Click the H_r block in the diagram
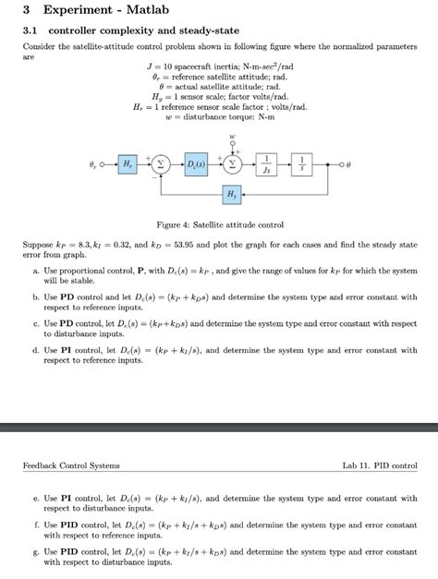pyautogui.click(x=127, y=163)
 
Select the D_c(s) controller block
pyautogui.click(x=197, y=163)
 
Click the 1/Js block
pyautogui.click(x=266, y=163)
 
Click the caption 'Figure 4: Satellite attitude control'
pyautogui.click(x=219, y=224)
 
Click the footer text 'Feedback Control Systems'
pyautogui.click(x=71, y=465)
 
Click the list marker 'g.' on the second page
pyautogui.click(x=36, y=551)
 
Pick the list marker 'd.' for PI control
pyautogui.click(x=36, y=350)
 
